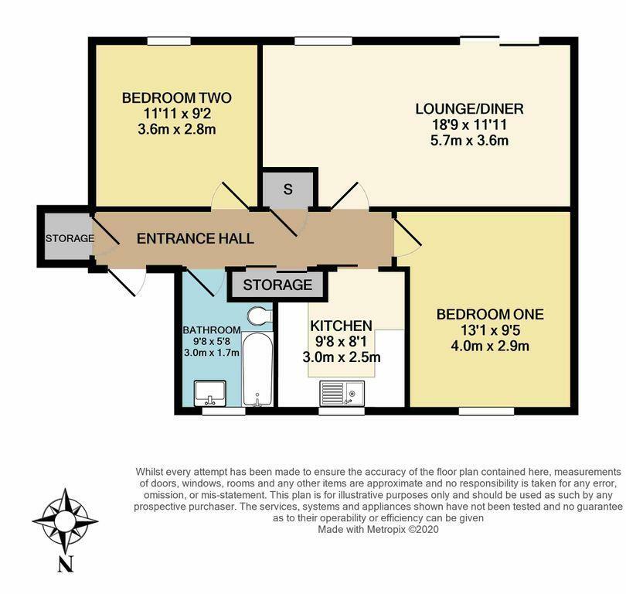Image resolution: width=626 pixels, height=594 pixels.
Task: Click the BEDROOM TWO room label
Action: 177,98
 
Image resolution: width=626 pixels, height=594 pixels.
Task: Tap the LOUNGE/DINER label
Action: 470,108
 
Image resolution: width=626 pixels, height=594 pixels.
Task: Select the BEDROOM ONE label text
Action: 490,314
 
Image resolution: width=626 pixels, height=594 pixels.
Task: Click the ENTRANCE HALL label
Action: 196,238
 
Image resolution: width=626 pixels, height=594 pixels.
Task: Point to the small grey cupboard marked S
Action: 287,189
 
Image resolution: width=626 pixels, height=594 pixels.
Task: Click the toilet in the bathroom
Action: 260,316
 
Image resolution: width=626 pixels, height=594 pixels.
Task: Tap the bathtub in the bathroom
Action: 257,369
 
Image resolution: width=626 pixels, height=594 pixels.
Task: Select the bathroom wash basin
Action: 210,393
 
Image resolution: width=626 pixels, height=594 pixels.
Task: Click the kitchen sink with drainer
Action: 342,394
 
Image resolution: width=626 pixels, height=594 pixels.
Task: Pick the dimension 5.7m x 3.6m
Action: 470,141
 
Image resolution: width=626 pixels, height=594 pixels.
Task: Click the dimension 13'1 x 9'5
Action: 490,330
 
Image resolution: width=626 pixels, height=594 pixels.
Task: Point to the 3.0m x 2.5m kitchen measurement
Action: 342,357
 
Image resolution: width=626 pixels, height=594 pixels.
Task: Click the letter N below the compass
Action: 66,565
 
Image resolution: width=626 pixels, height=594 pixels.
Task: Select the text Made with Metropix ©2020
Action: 378,529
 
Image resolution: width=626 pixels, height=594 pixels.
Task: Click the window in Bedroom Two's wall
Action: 168,41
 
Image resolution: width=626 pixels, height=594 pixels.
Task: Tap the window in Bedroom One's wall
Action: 486,411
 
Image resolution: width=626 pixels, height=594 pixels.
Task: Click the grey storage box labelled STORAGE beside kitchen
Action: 277,285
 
